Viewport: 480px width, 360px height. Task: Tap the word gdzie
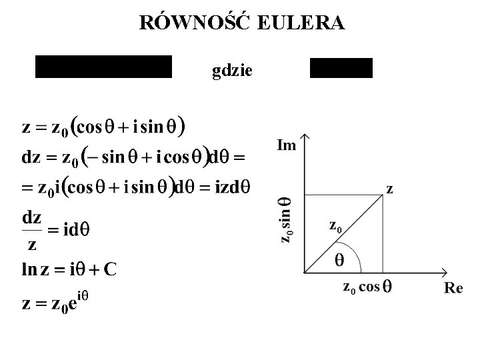point(231,69)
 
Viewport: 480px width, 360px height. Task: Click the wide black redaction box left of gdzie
point(103,67)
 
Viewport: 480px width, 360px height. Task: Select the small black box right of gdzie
point(341,68)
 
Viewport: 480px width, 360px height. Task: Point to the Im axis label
point(287,144)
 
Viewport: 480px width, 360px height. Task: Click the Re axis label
point(453,288)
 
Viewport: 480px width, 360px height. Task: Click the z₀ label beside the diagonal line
point(337,226)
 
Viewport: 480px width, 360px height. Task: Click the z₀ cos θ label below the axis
point(367,287)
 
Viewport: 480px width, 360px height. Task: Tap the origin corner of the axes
point(304,272)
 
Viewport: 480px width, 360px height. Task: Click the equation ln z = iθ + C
point(70,269)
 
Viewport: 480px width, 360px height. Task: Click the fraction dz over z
point(33,231)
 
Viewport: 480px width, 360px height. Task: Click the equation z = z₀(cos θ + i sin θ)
point(103,127)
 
